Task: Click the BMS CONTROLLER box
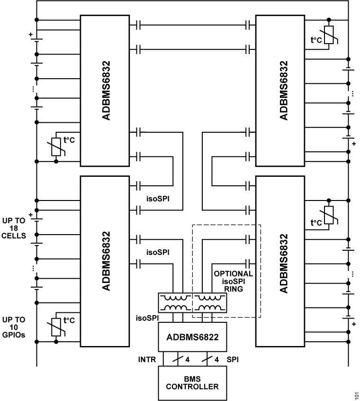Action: point(192,383)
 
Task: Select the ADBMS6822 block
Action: point(192,337)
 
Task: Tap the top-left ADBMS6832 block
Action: point(105,90)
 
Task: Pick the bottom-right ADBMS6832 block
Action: point(279,263)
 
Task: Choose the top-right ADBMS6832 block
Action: point(279,90)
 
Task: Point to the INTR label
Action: point(147,360)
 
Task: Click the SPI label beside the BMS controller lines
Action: point(233,360)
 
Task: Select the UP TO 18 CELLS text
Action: point(14,228)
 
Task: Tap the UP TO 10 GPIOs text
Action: point(14,327)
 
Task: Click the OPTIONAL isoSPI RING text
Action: point(233,281)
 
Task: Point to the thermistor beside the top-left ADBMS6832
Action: point(57,146)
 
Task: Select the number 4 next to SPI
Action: point(217,360)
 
